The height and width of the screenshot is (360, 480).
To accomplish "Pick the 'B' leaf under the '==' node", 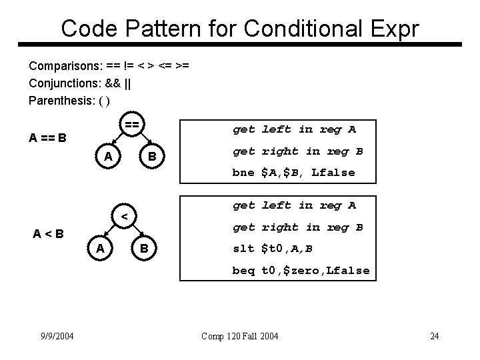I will tap(152, 157).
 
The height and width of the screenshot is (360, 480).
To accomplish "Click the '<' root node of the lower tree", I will tap(125, 217).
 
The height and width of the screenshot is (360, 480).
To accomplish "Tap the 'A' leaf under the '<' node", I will tap(99, 248).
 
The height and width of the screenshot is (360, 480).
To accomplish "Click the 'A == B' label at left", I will tap(47, 139).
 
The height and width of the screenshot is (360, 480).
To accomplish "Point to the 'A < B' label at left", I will tap(49, 233).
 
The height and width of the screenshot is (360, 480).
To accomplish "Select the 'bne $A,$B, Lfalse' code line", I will tap(293, 173).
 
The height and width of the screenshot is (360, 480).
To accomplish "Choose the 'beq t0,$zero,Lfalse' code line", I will tap(301, 271).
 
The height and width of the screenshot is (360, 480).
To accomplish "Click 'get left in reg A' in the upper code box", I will tap(294, 129).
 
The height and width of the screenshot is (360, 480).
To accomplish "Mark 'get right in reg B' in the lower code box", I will tap(297, 227).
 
